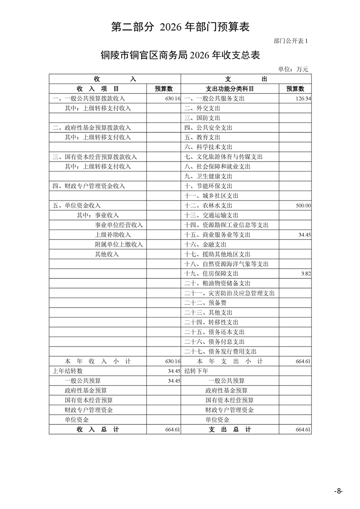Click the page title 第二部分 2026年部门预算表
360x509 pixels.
click(180, 27)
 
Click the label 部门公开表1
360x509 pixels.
click(291, 41)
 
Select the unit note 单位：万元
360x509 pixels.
click(293, 69)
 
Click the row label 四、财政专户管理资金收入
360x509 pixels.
click(89, 186)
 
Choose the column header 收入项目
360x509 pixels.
click(98, 88)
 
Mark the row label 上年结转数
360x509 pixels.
click(68, 371)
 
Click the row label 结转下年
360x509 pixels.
click(196, 371)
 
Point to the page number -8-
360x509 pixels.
click(338, 491)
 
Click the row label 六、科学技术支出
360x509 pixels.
click(208, 147)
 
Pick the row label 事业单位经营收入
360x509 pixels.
click(118, 225)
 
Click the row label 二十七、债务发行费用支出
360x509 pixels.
click(221, 352)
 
